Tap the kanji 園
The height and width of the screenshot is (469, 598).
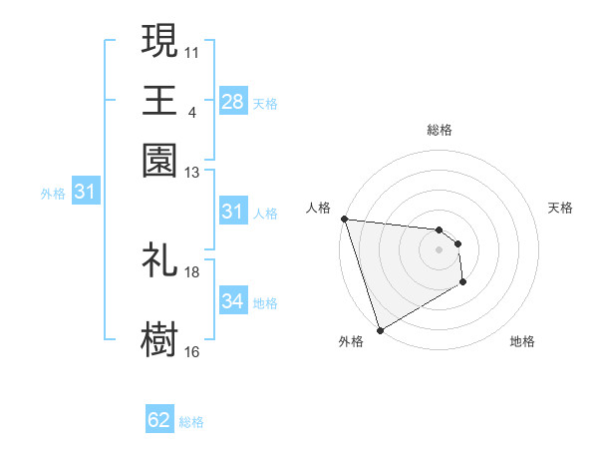tap(159, 160)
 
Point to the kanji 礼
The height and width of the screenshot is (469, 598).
tap(159, 259)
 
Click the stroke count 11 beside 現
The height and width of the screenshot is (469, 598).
tap(192, 51)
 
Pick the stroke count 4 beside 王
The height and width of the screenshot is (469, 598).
tap(192, 112)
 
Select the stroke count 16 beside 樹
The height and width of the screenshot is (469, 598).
tap(192, 351)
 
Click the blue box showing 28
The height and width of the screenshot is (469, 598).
tap(232, 101)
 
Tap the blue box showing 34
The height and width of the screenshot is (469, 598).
tap(232, 300)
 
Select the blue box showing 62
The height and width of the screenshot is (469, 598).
tap(159, 420)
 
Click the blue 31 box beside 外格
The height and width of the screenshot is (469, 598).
tap(84, 191)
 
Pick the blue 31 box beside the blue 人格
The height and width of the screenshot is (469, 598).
tap(232, 212)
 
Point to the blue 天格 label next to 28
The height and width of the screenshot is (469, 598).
tap(264, 103)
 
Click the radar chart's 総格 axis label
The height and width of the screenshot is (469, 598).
tap(439, 130)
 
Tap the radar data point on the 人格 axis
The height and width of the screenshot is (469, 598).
tap(344, 219)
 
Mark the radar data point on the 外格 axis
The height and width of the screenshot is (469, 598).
tap(380, 330)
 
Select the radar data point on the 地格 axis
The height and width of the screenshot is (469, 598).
tap(462, 282)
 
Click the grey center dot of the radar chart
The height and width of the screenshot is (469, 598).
tap(439, 249)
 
